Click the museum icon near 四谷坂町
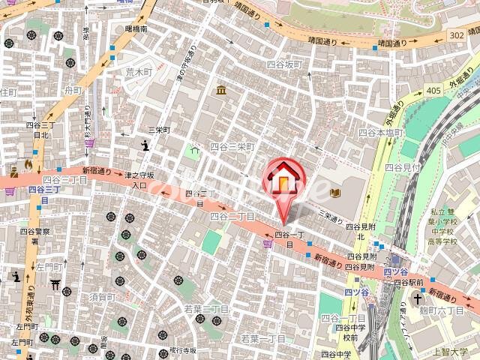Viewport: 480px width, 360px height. [x=221, y=91]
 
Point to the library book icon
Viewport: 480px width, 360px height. [x=334, y=193]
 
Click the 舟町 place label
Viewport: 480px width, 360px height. [x=73, y=91]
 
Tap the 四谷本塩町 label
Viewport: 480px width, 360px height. [x=380, y=132]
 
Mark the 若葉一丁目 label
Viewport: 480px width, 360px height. [x=262, y=339]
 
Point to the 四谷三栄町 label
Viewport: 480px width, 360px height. [x=232, y=148]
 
